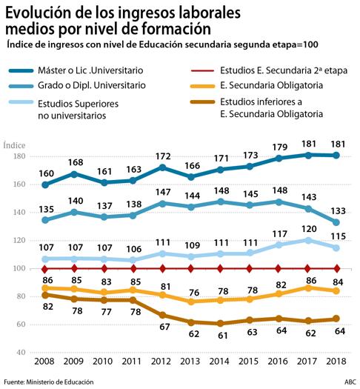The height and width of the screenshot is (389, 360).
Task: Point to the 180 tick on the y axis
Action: (19, 156)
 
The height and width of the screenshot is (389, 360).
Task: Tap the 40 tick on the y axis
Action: (21, 352)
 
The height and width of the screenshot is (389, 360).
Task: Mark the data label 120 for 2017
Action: (309, 229)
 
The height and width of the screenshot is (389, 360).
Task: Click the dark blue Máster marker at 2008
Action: (46, 184)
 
